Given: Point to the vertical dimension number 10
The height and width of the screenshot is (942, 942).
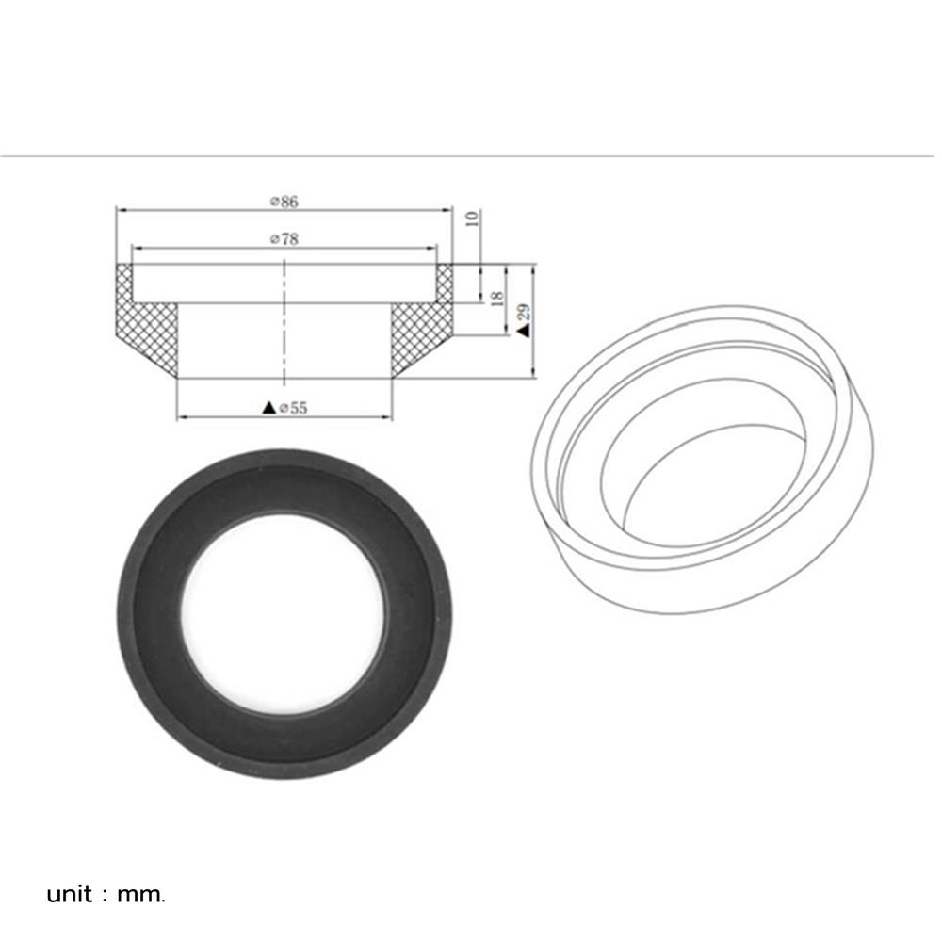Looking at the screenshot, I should (473, 218).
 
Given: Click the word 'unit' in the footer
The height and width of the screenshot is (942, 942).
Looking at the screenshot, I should (70, 894).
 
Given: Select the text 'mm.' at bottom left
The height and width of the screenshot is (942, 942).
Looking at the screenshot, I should (141, 894).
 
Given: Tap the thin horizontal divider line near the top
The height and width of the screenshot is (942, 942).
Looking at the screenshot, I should (471, 155).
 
